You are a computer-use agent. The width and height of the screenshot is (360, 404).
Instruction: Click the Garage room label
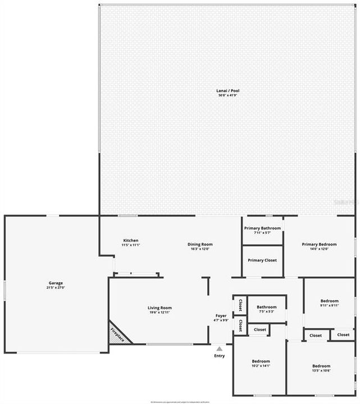pos(56,283)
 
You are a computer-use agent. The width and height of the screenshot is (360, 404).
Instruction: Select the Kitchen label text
pos(130,240)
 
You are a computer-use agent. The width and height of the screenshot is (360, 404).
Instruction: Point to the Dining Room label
pos(200,244)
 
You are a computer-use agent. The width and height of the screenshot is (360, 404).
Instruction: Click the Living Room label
pos(160,307)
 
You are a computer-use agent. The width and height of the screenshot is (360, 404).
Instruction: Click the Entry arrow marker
pos(220,349)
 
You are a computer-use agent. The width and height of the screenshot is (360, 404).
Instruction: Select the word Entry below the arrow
pos(220,356)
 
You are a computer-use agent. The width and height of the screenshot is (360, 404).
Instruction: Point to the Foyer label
pos(221,315)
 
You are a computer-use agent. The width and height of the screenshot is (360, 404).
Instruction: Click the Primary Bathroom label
pos(262,228)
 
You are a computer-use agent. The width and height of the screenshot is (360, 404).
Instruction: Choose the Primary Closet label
pos(262,260)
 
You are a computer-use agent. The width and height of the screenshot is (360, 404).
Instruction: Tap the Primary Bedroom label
pos(319,244)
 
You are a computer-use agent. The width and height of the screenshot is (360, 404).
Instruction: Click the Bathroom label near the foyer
pos(267,307)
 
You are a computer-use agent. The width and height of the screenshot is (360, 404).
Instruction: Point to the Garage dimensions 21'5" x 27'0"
pos(56,288)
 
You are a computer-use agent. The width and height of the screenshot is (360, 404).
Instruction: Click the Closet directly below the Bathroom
pos(260,329)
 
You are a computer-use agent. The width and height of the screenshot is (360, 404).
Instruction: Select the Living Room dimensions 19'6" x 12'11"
pos(160,313)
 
